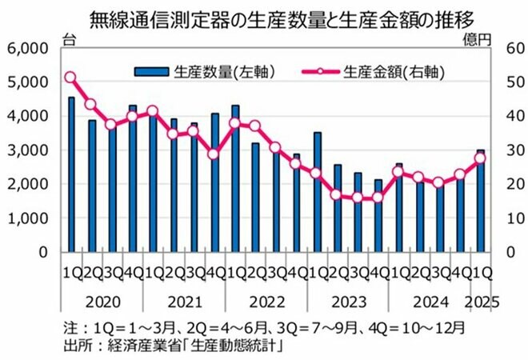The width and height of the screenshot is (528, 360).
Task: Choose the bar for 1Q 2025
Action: (x=480, y=201)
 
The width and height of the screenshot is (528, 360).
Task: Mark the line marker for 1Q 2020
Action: (x=70, y=78)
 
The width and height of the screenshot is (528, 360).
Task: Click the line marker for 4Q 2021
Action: (x=214, y=154)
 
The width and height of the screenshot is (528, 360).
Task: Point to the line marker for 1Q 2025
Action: (x=480, y=158)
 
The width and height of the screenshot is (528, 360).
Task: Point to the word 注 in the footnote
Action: (x=69, y=327)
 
